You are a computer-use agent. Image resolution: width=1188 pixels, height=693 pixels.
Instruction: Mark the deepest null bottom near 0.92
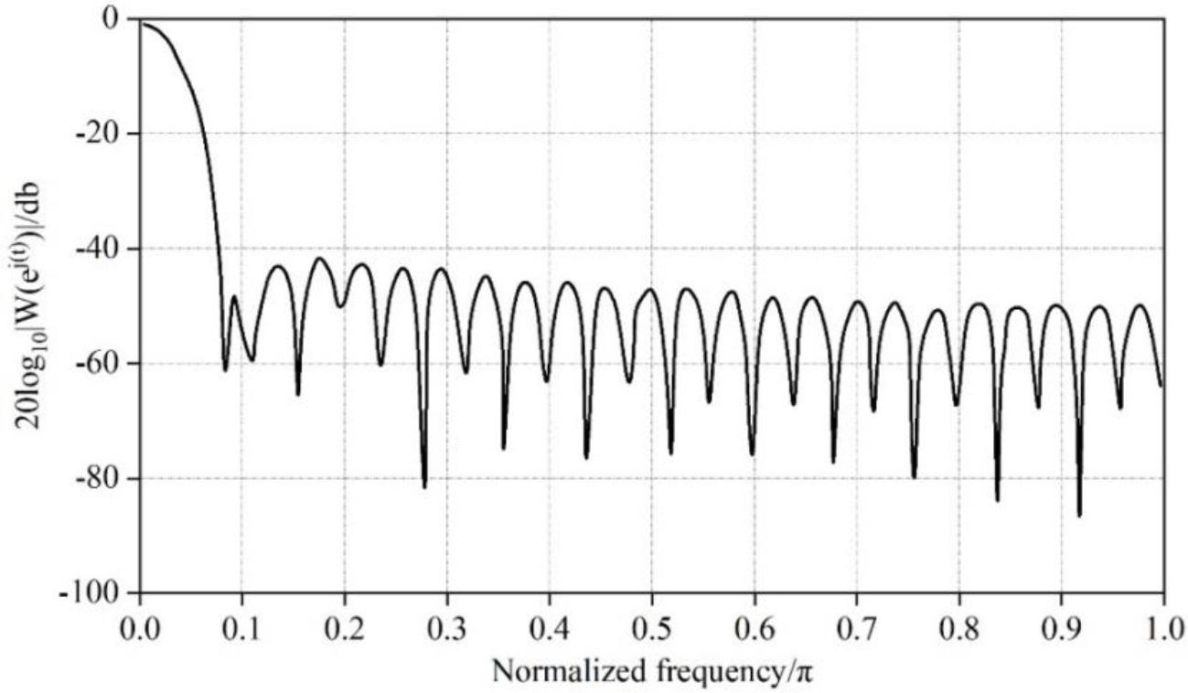(x=1079, y=516)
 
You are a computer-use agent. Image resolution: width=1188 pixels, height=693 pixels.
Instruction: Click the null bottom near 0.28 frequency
(x=424, y=486)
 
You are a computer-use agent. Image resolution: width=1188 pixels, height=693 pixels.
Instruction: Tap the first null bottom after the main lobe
(x=225, y=369)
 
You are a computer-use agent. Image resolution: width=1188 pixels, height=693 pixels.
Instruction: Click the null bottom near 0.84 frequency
(x=997, y=500)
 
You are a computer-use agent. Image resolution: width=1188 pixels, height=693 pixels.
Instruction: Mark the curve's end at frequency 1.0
(x=1162, y=386)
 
